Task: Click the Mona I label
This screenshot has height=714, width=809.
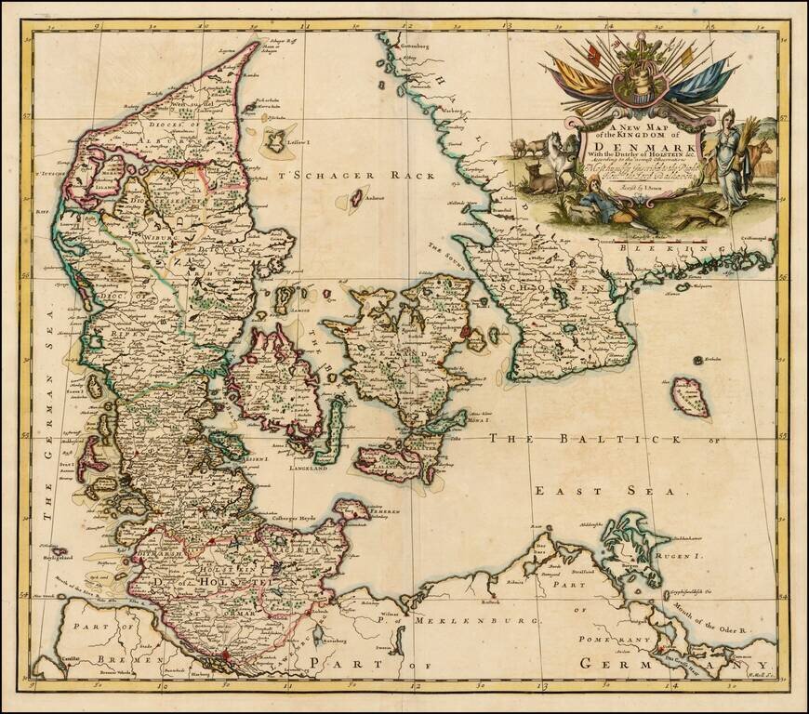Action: click(x=480, y=420)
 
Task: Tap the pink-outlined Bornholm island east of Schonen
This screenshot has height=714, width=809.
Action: click(x=691, y=396)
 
